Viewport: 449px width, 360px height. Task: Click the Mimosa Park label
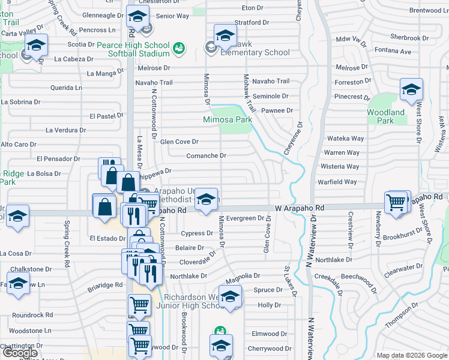pyautogui.click(x=227, y=119)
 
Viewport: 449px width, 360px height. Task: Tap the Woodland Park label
pyautogui.click(x=387, y=116)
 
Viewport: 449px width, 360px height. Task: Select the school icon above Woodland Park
pyautogui.click(x=411, y=91)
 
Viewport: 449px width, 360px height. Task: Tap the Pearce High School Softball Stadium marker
pyautogui.click(x=178, y=47)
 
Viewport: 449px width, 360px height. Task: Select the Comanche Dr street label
pyautogui.click(x=206, y=155)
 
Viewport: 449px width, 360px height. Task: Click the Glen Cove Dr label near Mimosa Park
pyautogui.click(x=179, y=142)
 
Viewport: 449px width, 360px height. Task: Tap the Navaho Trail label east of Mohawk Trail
pyautogui.click(x=271, y=81)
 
